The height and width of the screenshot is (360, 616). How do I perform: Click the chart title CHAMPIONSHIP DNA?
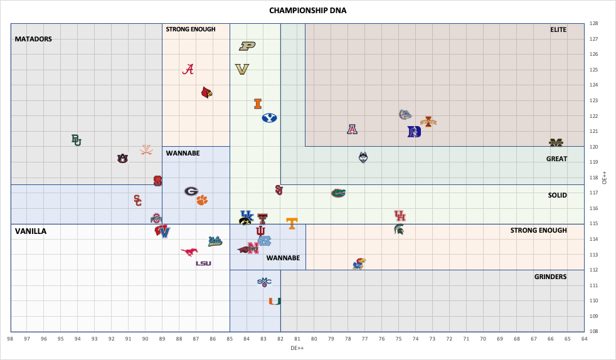click(307, 10)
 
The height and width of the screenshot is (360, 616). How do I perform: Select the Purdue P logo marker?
click(247, 46)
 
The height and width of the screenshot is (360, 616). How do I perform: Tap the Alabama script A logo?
click(188, 70)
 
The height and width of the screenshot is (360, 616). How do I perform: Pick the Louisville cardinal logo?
click(206, 93)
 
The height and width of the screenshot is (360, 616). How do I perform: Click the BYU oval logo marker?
click(269, 117)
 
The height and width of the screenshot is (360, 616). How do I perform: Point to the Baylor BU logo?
click(76, 140)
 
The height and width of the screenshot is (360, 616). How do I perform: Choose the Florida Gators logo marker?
click(338, 193)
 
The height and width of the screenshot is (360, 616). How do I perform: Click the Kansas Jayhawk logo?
click(359, 263)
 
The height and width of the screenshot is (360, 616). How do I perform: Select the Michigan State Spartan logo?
click(399, 230)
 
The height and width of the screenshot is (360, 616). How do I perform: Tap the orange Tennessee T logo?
click(292, 223)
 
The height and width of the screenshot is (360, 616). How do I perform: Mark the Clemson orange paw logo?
click(201, 200)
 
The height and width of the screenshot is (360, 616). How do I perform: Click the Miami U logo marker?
click(274, 301)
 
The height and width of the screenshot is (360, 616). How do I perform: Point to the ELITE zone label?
click(558, 29)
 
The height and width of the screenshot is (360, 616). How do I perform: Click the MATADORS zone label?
click(33, 39)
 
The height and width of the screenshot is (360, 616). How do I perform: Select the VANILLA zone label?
click(31, 231)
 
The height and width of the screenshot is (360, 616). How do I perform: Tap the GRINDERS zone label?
click(550, 277)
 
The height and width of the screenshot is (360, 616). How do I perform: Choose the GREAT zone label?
click(556, 159)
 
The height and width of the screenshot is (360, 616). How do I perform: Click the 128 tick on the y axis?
click(593, 24)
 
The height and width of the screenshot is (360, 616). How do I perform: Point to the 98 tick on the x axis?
click(11, 339)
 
